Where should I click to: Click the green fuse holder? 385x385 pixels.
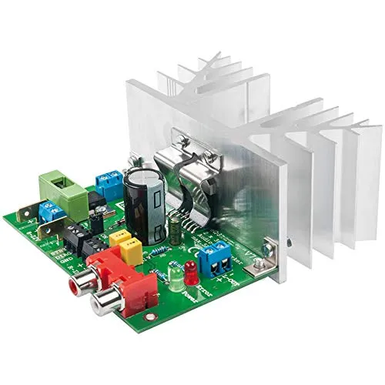click(x=63, y=192)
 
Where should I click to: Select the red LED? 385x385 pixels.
click(x=189, y=272)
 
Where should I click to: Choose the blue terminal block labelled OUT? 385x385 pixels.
click(x=219, y=259)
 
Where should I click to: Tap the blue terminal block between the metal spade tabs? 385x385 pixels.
click(x=52, y=211)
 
